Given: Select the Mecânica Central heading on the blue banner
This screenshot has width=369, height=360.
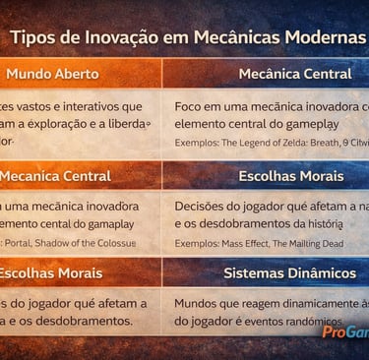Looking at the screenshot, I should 294,74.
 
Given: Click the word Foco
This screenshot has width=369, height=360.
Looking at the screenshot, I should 190,106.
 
